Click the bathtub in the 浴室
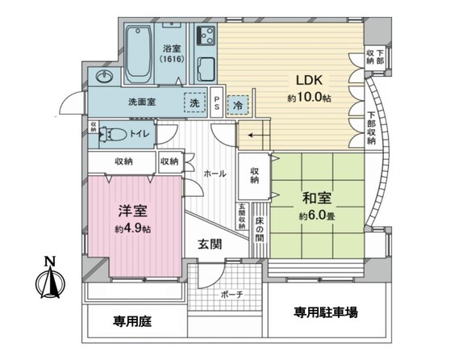pos(138,54)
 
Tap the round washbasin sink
pos(105,77)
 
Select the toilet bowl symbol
pos(114,134)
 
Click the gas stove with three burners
pos(206,36)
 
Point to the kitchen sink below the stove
pos(206,69)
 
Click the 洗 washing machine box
pos(194,103)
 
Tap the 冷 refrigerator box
pos(238,105)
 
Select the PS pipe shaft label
pos(216,103)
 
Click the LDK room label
pos(310,81)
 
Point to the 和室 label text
pos(317,199)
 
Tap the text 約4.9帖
pos(133,229)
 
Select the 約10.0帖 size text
pos(310,98)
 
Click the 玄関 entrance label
pos(210,245)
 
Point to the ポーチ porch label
pos(231,295)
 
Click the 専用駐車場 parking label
pos(326,312)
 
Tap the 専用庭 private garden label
pos(132,321)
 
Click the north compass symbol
pos(50,278)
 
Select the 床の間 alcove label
pos(259,229)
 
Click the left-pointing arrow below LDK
pos(255,136)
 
